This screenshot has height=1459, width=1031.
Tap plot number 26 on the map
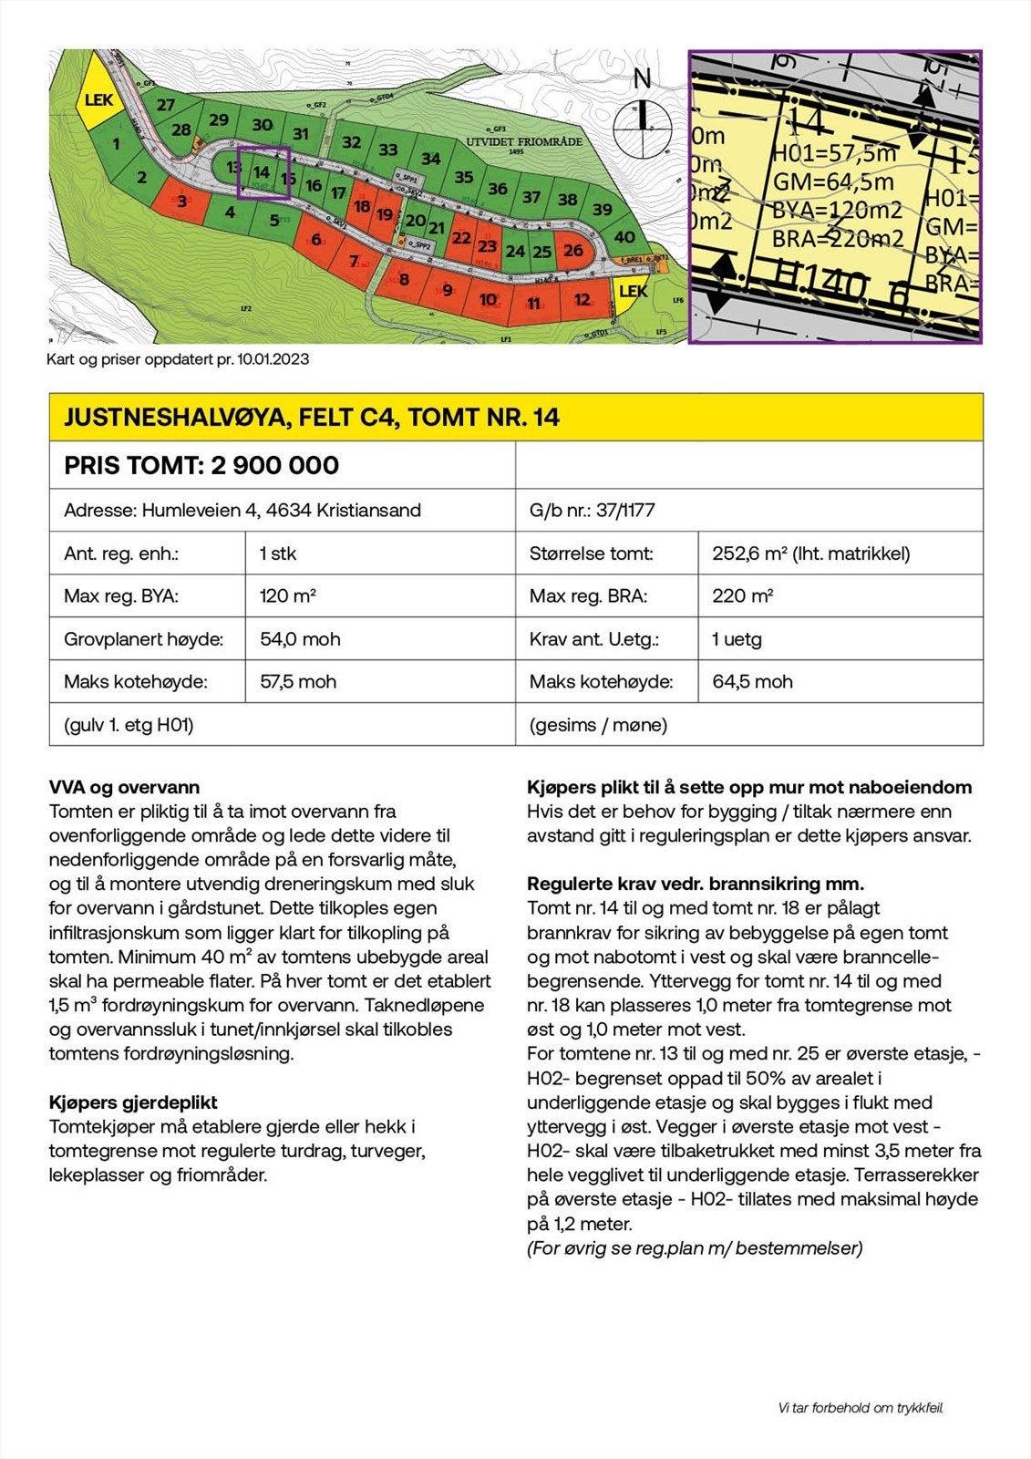click(573, 250)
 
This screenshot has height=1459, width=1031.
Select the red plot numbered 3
click(182, 201)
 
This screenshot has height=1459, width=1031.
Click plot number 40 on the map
click(624, 237)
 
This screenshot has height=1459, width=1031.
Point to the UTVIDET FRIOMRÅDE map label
click(524, 142)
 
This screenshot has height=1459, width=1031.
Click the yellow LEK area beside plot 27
click(98, 99)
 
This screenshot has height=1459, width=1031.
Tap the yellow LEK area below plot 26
click(633, 291)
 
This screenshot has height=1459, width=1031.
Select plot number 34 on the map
click(431, 160)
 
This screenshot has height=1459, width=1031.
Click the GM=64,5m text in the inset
click(833, 181)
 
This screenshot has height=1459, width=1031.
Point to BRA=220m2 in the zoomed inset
click(838, 239)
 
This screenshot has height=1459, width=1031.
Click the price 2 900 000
click(275, 465)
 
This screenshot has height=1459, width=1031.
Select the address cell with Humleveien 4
click(242, 510)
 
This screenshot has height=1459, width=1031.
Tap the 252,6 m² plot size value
click(810, 554)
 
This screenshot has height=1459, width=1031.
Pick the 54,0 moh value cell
click(300, 639)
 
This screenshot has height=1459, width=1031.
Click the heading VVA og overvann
click(124, 787)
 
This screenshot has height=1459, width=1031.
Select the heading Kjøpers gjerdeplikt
click(133, 1102)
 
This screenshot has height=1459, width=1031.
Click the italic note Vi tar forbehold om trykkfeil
click(861, 1408)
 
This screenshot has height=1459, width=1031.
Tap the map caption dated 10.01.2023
click(178, 359)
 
